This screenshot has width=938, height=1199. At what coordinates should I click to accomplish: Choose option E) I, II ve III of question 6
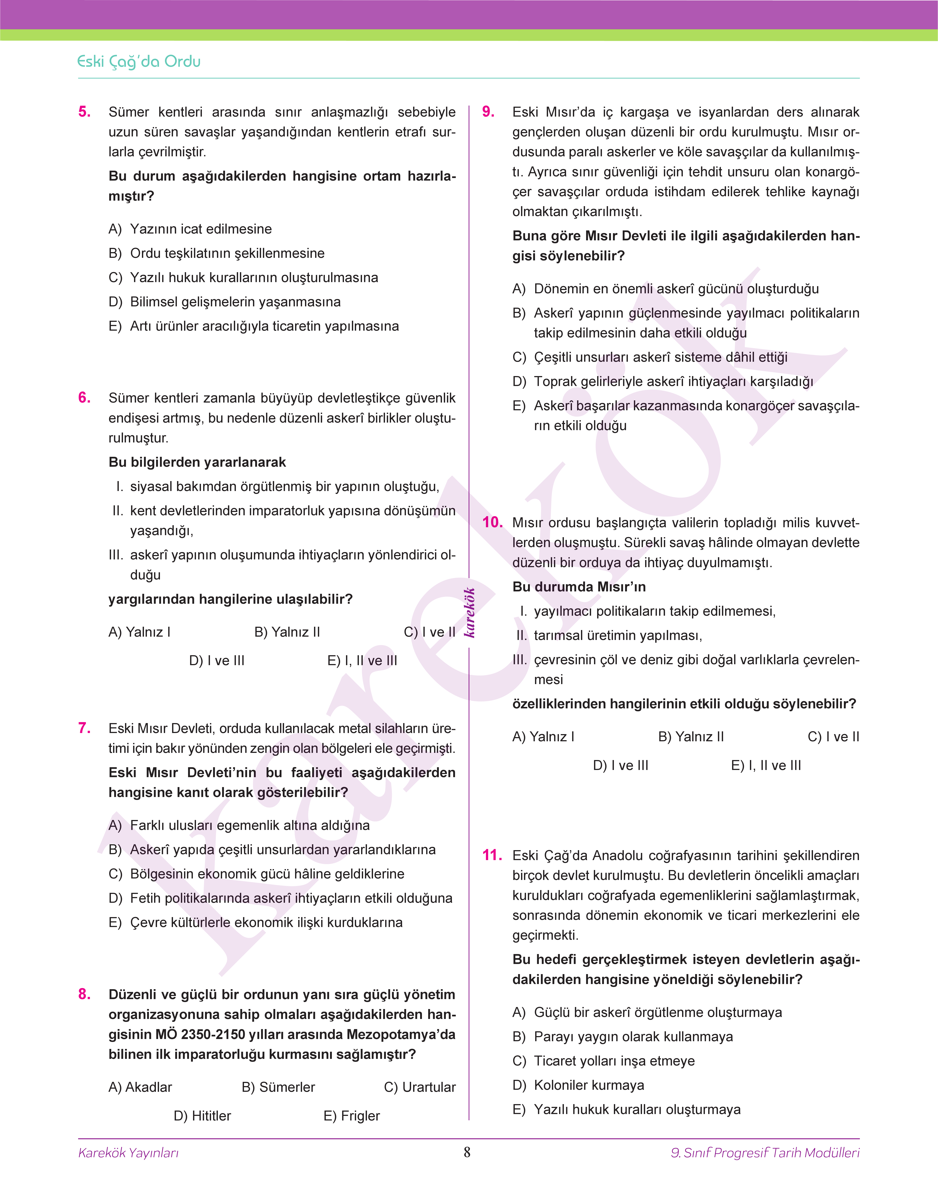pos(362,661)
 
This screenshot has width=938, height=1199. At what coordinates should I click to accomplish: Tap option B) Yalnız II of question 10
pos(691,737)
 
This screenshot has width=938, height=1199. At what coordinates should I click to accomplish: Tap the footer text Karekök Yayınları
pos(129,1153)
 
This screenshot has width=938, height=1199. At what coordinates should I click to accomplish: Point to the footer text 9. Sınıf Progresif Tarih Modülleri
pos(765,1153)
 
